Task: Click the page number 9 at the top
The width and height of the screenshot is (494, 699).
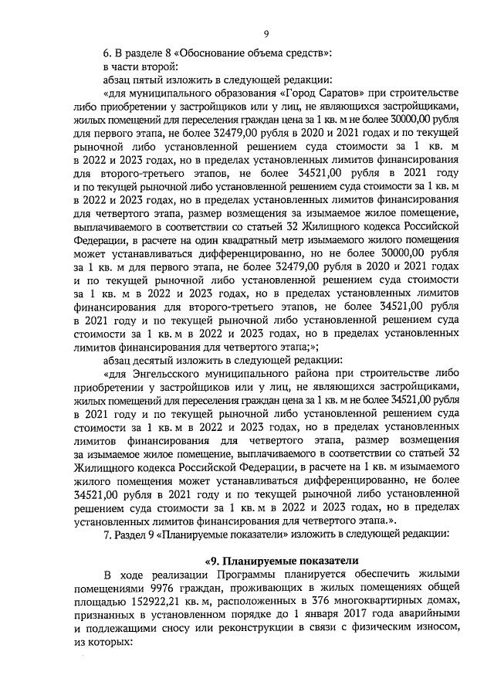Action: click(x=266, y=34)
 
